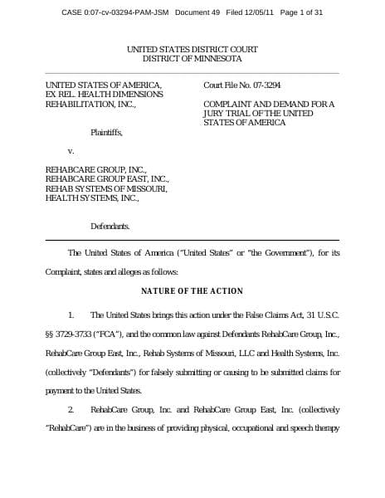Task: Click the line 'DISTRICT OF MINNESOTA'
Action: pos(192,60)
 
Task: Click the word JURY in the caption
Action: pos(214,114)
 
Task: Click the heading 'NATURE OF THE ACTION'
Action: pos(192,290)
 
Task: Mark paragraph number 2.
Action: pos(71,410)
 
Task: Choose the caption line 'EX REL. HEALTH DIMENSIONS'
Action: pos(104,95)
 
